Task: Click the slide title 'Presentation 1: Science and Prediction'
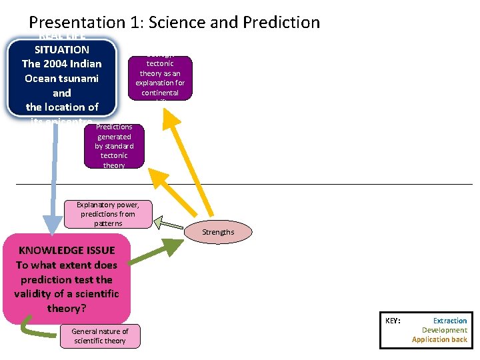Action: pyautogui.click(x=175, y=22)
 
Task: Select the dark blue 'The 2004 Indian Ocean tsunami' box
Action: pyautogui.click(x=62, y=77)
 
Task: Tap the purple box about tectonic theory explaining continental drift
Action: pyautogui.click(x=160, y=78)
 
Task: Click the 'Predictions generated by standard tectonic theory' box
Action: pyautogui.click(x=114, y=145)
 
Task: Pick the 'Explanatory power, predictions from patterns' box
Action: pyautogui.click(x=108, y=214)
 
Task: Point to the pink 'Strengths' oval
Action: pyautogui.click(x=218, y=232)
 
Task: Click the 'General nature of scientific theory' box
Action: pyautogui.click(x=100, y=336)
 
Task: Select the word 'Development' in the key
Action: pyautogui.click(x=444, y=330)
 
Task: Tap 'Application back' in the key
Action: pyautogui.click(x=439, y=339)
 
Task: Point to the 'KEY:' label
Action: pyautogui.click(x=393, y=321)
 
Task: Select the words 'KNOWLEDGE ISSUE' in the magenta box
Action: pyautogui.click(x=67, y=250)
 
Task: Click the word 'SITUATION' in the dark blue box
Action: pyautogui.click(x=62, y=49)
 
